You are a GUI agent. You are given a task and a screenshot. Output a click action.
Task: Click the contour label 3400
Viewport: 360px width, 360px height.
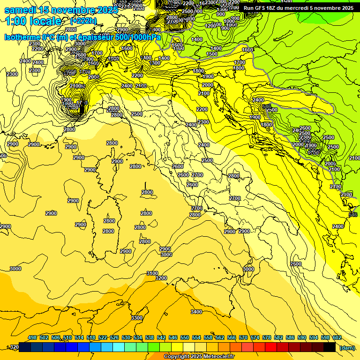coord(196,312)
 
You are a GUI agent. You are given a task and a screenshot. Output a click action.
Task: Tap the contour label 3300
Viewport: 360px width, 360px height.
coord(137,318)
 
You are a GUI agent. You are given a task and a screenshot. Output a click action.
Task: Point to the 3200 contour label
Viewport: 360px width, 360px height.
coord(161,278)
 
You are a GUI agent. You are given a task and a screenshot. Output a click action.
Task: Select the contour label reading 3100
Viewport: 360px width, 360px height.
coord(152,273)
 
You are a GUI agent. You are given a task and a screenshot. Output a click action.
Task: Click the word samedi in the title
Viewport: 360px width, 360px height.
coord(21,10)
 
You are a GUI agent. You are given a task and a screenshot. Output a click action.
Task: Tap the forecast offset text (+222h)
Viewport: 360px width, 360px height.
coord(83,21)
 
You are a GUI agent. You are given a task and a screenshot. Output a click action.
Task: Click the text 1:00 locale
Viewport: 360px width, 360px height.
coord(33,21)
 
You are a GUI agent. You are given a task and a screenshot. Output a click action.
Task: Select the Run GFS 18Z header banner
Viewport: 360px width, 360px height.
coord(298,8)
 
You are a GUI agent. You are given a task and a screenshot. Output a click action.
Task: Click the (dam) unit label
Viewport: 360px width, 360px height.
coord(347,348)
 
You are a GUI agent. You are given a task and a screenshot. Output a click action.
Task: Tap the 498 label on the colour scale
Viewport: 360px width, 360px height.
coord(32,337)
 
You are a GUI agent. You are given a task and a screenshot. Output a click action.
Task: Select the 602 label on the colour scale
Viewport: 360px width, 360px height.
coord(337,337)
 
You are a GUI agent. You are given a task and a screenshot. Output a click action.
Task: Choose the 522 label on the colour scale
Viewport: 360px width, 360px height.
coord(103,337)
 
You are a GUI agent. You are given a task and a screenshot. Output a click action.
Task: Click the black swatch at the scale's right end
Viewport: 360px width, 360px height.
coord(330,347)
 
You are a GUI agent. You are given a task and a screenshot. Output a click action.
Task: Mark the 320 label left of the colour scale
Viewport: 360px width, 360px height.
coord(14,347)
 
